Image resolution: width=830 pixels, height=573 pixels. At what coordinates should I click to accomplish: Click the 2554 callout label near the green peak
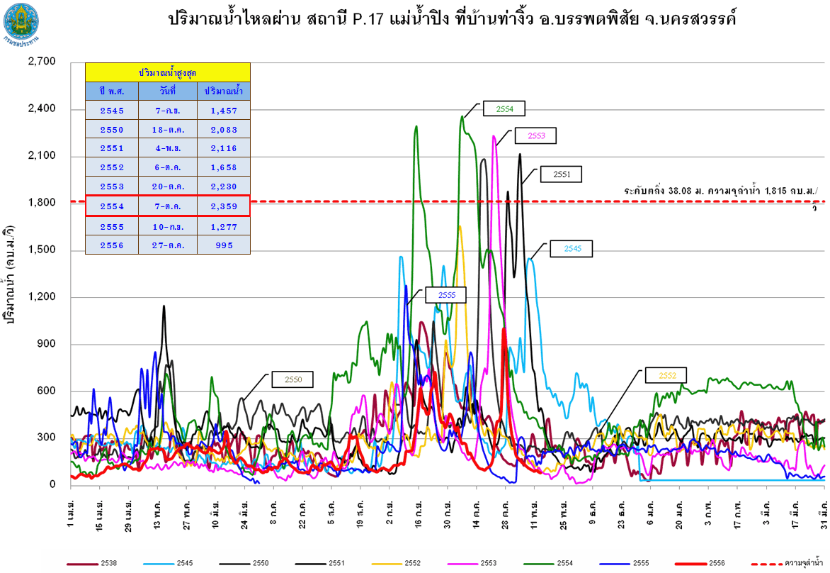[504, 109]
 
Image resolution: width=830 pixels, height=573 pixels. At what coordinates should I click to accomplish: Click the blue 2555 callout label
[445, 294]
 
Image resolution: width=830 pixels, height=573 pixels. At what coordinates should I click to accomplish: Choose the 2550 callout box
[293, 379]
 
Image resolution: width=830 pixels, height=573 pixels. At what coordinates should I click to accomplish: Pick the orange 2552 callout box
[666, 375]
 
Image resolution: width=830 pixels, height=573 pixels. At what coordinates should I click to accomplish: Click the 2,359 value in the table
[223, 207]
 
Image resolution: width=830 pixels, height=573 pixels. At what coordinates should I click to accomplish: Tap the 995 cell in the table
[223, 246]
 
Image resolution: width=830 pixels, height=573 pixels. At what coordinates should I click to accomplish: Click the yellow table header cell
[168, 72]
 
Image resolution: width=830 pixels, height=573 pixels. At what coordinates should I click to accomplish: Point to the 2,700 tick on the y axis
[41, 62]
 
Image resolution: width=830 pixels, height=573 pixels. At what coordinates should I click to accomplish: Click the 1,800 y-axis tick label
[41, 203]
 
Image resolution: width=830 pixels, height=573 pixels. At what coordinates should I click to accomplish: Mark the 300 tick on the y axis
[46, 438]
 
